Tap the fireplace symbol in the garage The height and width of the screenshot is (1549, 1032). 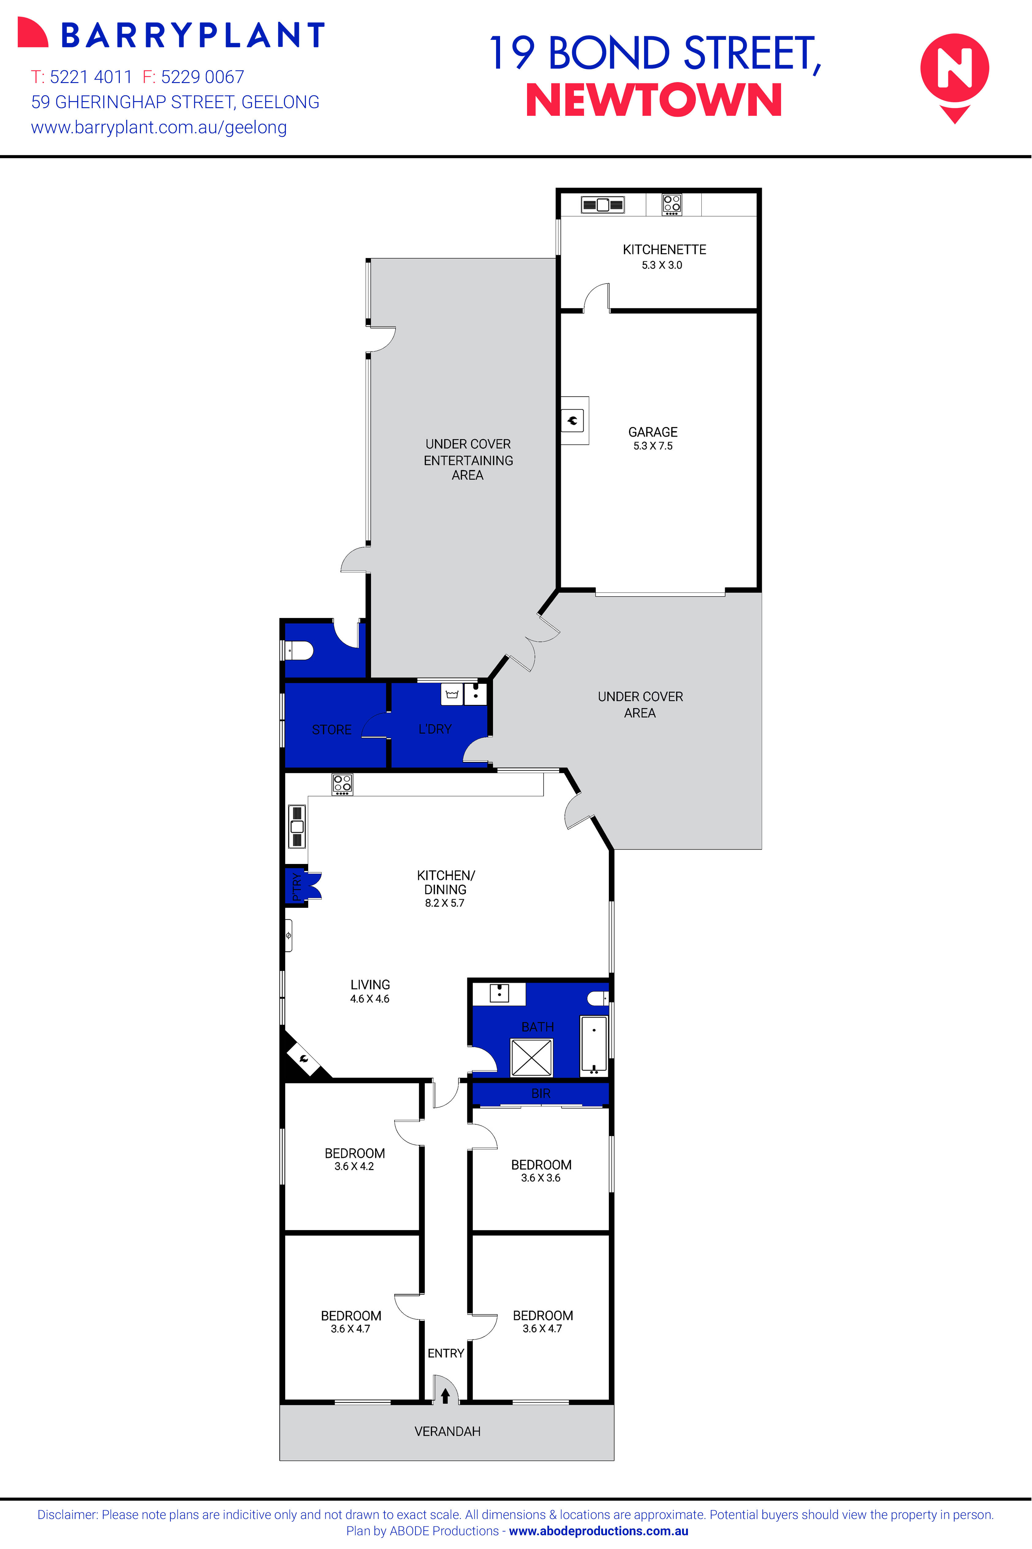coord(573,420)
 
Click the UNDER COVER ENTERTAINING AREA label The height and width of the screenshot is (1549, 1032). coord(468,459)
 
